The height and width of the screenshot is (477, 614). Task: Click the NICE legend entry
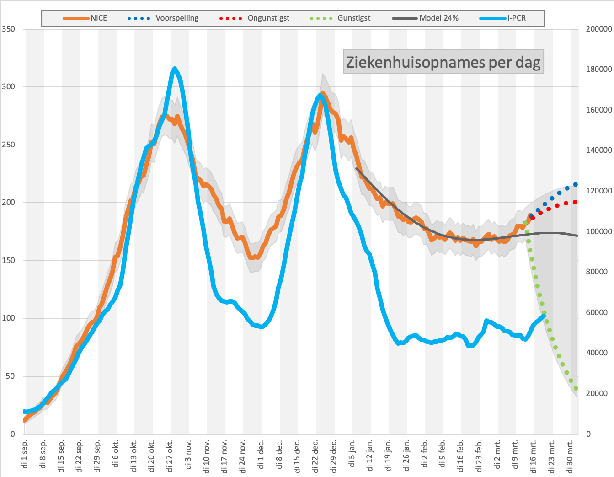pos(85,18)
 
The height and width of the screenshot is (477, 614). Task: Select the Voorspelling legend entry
pos(163,18)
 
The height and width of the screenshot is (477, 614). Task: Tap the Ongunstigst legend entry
pos(255,18)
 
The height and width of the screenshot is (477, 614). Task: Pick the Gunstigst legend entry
pos(340,18)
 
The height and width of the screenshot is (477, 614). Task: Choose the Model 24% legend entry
pos(425,18)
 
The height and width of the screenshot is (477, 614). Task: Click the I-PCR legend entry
pos(502,18)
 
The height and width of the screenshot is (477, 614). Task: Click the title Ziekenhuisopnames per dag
pos(443,62)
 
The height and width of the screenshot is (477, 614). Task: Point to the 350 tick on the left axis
pos(9,29)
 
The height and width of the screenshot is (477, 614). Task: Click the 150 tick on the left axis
pos(9,260)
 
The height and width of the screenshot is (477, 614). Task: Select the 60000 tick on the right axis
pos(597,312)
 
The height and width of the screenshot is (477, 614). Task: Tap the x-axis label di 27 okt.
pos(170,456)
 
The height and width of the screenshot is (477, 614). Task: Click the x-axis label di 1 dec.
pos(261,454)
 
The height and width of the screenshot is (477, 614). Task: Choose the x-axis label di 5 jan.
pos(352,453)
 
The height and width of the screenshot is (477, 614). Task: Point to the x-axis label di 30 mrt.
pos(570,456)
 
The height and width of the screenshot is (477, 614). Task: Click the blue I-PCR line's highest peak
pos(174,69)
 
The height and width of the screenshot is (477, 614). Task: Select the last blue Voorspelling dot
pos(575,184)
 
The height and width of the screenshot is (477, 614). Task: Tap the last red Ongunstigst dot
pos(575,202)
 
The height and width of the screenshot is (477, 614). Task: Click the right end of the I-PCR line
pos(544,316)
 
